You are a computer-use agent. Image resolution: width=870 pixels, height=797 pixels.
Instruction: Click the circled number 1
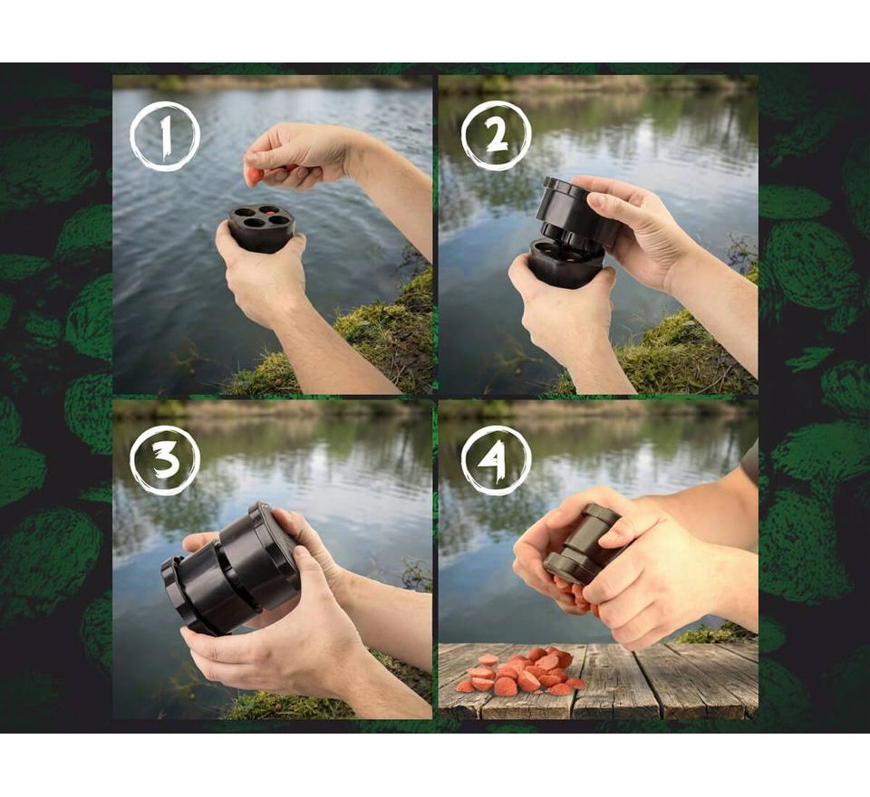[165, 136]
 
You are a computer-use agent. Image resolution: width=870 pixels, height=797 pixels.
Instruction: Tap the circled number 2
[496, 135]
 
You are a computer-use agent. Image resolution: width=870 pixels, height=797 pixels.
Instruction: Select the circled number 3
[165, 460]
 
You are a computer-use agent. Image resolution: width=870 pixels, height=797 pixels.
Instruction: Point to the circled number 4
[496, 460]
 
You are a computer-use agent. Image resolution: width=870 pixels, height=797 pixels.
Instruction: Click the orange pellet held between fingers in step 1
[255, 177]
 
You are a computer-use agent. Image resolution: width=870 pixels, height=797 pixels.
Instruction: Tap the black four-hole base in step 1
[260, 227]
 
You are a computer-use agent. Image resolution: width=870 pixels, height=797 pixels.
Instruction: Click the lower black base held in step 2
[565, 264]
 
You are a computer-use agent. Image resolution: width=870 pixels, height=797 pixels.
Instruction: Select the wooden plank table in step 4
[598, 681]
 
